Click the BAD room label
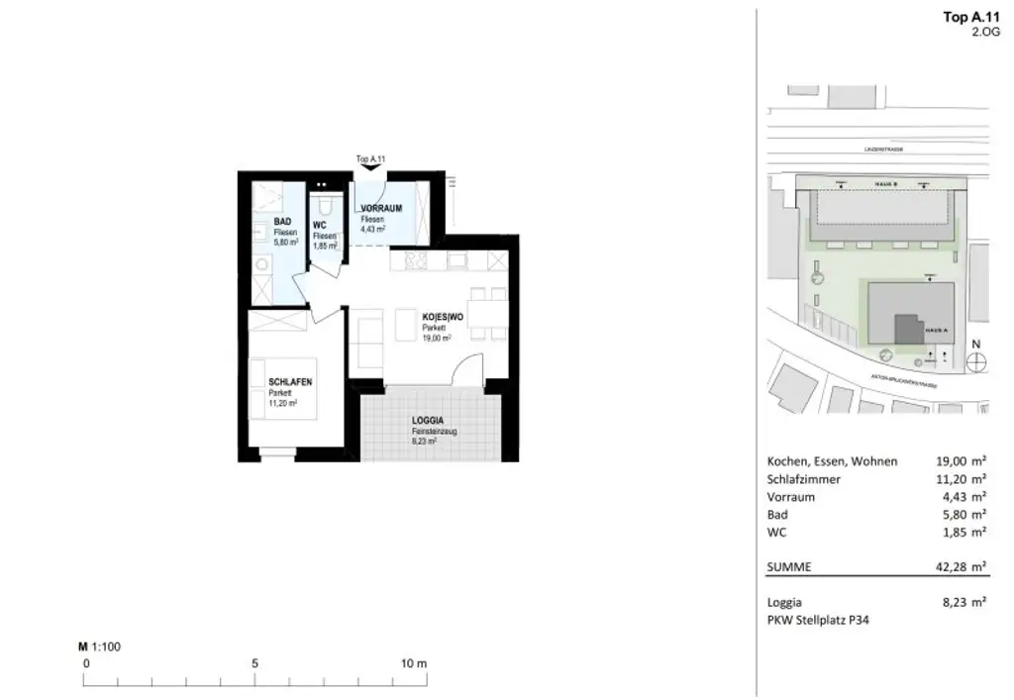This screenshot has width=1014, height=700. [282, 221]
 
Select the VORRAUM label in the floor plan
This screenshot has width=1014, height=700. [380, 208]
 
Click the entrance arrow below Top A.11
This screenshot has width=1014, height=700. [369, 168]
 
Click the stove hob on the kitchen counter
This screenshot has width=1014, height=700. [415, 260]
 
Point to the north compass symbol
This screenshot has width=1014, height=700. [976, 362]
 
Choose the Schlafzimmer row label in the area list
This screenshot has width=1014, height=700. [804, 479]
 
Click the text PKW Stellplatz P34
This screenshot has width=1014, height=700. [818, 620]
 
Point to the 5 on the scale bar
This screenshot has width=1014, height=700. [255, 663]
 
